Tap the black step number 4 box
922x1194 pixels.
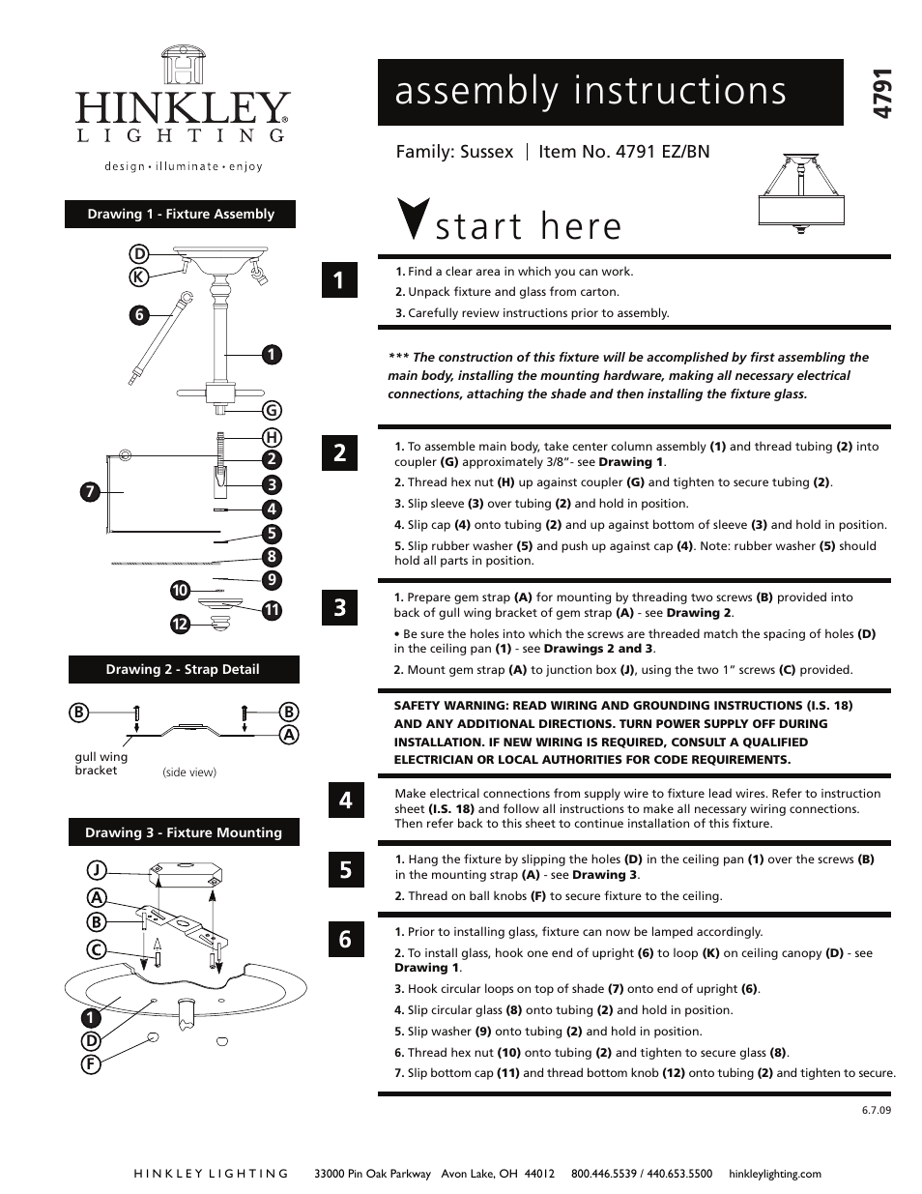pos(345,800)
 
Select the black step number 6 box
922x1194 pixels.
pos(345,939)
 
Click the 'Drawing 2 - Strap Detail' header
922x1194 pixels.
pos(183,669)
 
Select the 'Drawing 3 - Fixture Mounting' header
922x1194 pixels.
pos(183,832)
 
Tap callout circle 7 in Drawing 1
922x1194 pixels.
pos(90,491)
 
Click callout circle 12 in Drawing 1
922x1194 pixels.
pos(180,625)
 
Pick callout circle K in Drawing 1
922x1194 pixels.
pos(139,277)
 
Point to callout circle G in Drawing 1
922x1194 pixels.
pos(272,411)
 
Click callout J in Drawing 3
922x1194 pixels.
pos(97,869)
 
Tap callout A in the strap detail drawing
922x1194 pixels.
pos(288,735)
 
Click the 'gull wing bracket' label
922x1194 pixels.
pos(101,764)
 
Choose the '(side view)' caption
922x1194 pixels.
pos(189,772)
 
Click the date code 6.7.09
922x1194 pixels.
pos(876,1110)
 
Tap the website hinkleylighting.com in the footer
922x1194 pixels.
pos(774,1174)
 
